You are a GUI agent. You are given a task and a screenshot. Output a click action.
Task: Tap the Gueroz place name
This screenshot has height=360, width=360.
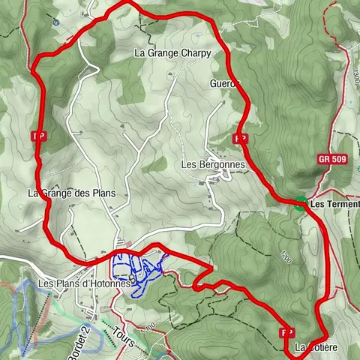click(225, 83)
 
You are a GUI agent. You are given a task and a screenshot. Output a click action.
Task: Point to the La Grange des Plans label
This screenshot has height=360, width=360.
click(72, 193)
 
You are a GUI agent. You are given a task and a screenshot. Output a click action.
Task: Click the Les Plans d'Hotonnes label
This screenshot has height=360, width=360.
click(85, 284)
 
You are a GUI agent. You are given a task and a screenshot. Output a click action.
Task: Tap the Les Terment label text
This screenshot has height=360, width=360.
click(334, 204)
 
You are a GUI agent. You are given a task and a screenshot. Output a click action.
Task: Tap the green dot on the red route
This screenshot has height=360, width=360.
click(300, 202)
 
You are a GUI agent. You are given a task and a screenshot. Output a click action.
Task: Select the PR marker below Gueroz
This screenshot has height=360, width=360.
click(241, 139)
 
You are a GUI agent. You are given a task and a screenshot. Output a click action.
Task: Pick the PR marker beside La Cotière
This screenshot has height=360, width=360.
click(286, 331)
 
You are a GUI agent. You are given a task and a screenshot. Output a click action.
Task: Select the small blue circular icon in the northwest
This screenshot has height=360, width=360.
click(56, 22)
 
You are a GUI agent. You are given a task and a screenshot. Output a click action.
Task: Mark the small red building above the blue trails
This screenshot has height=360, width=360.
click(130, 243)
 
